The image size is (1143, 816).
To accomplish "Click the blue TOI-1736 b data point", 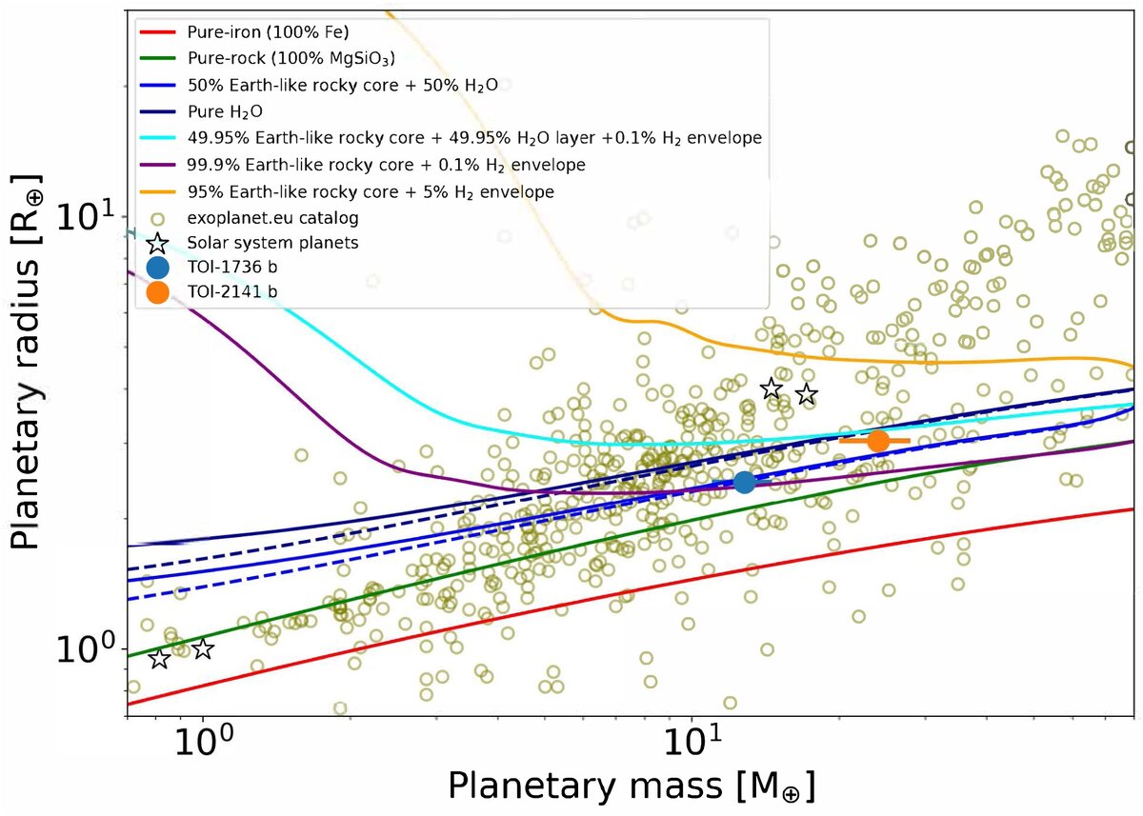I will coord(745,482).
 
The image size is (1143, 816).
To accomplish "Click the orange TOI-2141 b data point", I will coord(878,441).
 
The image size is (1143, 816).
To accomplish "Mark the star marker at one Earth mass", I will coord(203,649).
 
